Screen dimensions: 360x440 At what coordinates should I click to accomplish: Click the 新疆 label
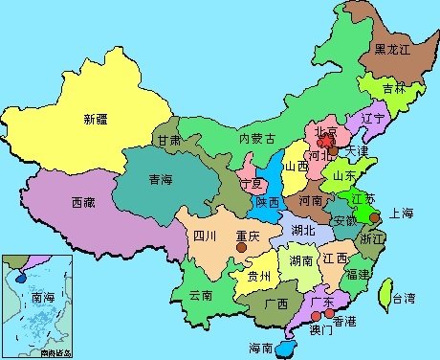tap(96, 120)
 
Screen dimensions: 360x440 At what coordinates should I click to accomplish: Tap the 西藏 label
tap(83, 203)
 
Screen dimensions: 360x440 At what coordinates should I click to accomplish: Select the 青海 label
tap(161, 179)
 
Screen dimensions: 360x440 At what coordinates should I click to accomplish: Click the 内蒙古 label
tap(257, 139)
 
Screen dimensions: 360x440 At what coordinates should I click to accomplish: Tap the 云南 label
tap(200, 294)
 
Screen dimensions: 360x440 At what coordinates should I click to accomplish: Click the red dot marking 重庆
tap(242, 247)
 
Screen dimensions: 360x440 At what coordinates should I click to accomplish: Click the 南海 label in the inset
tap(44, 298)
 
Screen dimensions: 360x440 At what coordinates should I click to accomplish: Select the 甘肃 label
tap(169, 140)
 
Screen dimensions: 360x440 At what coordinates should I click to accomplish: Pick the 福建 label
tap(359, 274)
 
